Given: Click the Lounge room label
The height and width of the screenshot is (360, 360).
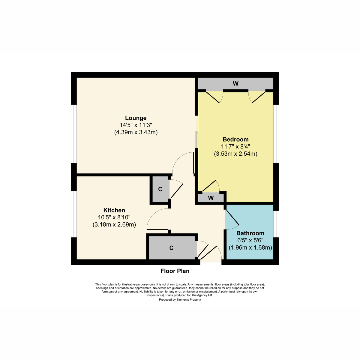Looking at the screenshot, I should [136, 118].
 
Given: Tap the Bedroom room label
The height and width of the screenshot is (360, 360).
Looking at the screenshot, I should [235, 139].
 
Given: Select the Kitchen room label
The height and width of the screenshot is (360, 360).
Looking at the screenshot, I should [114, 210].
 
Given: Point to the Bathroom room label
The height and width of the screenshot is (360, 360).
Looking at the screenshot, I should [250, 233].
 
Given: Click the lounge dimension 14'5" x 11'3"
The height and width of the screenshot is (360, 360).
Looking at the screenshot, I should [136, 125].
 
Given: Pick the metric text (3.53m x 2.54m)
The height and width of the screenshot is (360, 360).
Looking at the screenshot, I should [235, 154].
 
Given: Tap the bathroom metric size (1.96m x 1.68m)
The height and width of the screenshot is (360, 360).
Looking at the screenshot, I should [250, 248].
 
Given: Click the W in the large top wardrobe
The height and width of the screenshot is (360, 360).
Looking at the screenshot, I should [235, 84].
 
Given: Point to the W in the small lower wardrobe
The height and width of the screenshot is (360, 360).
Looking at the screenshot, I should [211, 198].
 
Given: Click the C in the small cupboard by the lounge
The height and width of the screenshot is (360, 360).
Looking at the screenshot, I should [160, 189].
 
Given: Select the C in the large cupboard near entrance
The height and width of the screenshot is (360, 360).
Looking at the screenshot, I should [171, 248].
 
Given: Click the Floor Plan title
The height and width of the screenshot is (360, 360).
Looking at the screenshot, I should [175, 271].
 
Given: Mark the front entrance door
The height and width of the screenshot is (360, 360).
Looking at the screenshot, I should [210, 252].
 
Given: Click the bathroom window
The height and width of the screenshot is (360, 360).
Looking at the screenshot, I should [276, 224].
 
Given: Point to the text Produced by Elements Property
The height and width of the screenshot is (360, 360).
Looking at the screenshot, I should [180, 300].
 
